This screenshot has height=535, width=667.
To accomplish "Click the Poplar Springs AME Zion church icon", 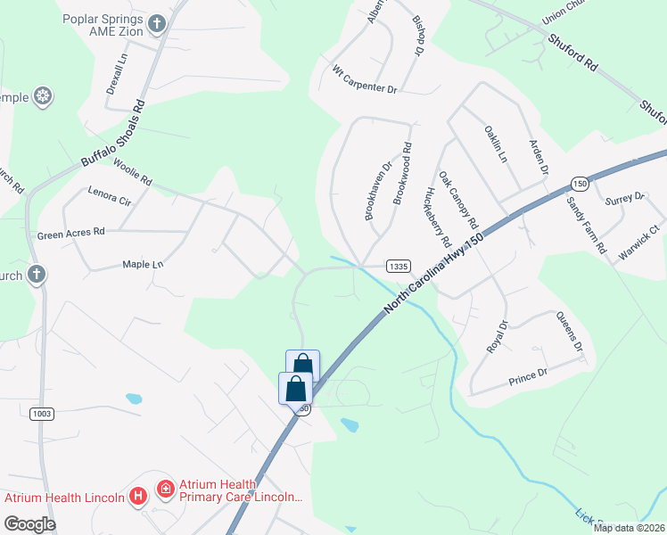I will pyautogui.click(x=157, y=24).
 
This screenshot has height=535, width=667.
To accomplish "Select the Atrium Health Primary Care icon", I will pyautogui.click(x=165, y=489).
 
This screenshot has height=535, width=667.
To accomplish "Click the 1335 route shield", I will pyautogui.click(x=398, y=266).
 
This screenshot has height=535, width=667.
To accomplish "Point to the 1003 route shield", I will pyautogui.click(x=41, y=414).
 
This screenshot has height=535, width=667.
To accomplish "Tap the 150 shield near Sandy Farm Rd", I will pyautogui.click(x=580, y=184).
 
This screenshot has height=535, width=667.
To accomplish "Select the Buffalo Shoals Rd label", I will pyautogui.click(x=112, y=135).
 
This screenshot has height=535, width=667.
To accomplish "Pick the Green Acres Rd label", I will pyautogui.click(x=71, y=233).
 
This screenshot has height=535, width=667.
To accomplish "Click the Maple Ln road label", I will pyautogui.click(x=144, y=265).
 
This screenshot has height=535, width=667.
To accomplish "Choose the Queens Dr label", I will pyautogui.click(x=569, y=331).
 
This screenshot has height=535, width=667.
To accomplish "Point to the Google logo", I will pyautogui.click(x=30, y=524).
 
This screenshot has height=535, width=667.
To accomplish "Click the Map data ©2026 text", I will pyautogui.click(x=630, y=528).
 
